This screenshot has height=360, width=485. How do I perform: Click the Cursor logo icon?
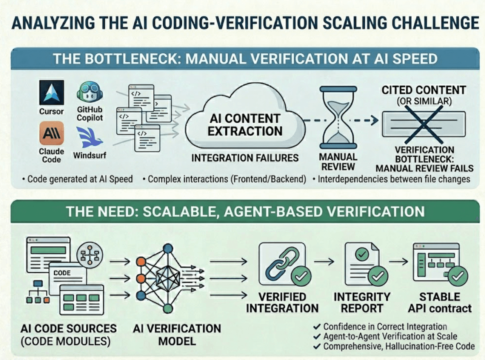point(51,92)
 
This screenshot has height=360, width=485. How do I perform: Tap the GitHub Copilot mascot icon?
point(90,91)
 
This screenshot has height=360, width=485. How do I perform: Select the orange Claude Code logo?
point(51,133)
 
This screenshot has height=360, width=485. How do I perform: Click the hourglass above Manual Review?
point(338,118)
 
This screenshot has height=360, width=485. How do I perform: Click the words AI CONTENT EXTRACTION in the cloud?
point(245,125)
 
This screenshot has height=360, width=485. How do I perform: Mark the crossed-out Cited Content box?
point(424,124)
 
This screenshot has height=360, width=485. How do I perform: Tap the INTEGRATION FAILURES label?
point(245,158)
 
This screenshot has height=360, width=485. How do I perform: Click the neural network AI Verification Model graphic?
point(169,278)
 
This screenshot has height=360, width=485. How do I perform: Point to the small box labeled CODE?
point(68,276)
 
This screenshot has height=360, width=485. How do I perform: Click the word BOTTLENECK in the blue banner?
point(133,59)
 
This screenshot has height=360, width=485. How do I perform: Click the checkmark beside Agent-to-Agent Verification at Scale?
point(317,336)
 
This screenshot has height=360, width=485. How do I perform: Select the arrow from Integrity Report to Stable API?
point(399,262)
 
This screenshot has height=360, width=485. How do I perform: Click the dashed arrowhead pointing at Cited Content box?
point(375,120)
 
